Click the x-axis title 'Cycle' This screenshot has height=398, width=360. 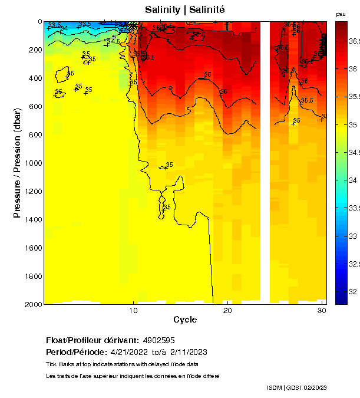[x=185, y=320]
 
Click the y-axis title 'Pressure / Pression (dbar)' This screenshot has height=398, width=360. [x=17, y=163]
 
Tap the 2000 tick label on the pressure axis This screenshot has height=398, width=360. [x=32, y=304]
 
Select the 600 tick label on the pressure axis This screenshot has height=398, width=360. [x=35, y=106]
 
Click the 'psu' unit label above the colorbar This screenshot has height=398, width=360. [x=341, y=14]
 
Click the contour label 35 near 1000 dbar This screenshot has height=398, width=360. [x=170, y=165]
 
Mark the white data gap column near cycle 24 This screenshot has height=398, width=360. [x=265, y=163]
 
